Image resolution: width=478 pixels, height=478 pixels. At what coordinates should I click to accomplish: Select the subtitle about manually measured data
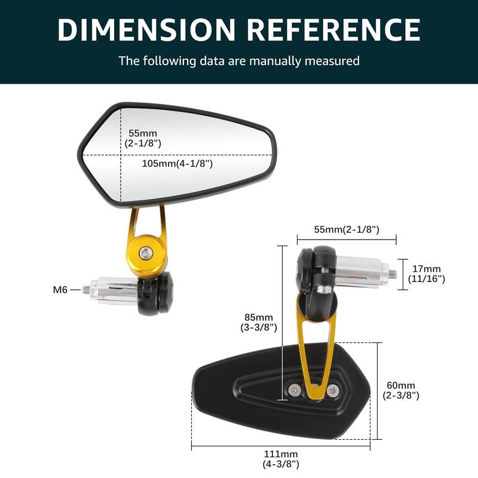tap(239, 60)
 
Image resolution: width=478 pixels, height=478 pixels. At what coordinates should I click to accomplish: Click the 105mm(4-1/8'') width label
tap(177, 163)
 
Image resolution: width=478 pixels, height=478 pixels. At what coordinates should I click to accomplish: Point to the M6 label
tap(60, 290)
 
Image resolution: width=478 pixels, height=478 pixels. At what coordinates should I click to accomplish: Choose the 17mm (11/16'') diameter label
tap(426, 274)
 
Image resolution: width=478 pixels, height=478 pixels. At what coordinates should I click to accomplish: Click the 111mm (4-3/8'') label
tap(281, 459)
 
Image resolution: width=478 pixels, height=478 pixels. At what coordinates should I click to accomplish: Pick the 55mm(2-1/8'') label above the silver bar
tap(347, 229)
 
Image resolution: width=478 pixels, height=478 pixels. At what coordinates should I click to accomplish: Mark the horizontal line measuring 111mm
tap(281, 446)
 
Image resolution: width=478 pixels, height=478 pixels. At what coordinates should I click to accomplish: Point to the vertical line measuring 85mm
tap(281, 323)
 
